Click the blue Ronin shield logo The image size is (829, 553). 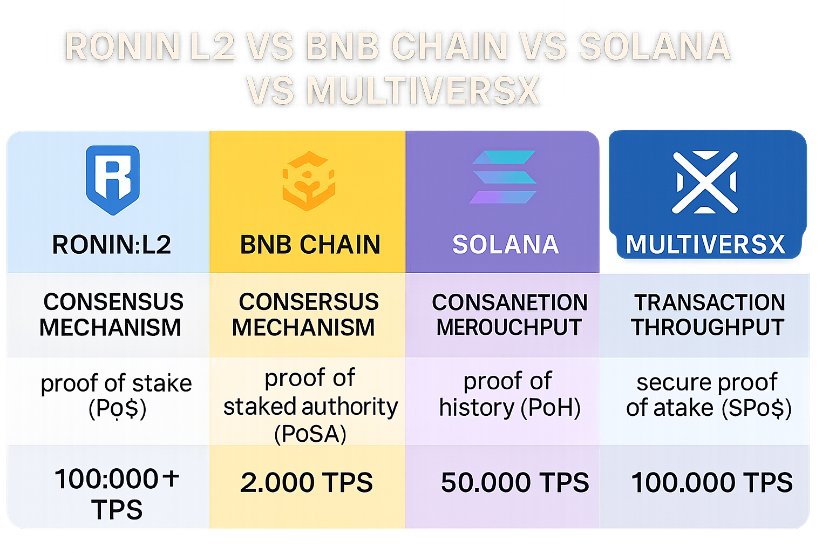(113, 180)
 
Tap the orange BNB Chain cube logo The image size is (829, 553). (309, 181)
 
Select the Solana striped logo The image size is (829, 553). (504, 177)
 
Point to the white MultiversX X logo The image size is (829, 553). (705, 182)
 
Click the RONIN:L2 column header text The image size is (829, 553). (112, 245)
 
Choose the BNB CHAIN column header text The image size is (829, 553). (310, 245)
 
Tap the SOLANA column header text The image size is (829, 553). (506, 245)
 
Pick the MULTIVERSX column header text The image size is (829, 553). (705, 245)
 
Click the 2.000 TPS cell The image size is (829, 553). (307, 482)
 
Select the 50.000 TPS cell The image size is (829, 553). (515, 482)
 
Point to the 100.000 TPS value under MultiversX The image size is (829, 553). (712, 482)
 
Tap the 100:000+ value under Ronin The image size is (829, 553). (117, 479)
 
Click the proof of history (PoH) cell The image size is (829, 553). (509, 395)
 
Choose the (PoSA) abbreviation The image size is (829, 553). (310, 434)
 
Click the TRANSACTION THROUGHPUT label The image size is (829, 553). (709, 315)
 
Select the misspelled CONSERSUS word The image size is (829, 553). (309, 302)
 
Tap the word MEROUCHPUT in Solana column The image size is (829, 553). (509, 327)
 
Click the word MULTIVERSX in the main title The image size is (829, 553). (423, 90)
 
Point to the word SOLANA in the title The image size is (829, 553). (655, 46)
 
